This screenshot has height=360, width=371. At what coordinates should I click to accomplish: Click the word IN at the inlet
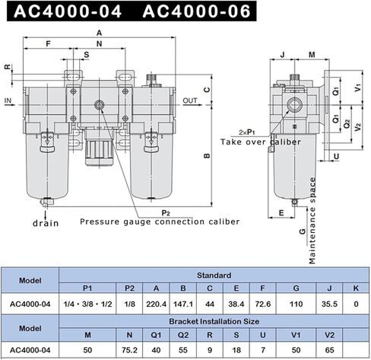click(8, 100)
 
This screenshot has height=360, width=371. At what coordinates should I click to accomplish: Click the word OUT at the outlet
click(190, 100)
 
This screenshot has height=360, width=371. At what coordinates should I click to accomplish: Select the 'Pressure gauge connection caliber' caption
click(160, 222)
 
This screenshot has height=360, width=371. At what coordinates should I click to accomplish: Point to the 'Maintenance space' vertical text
click(312, 220)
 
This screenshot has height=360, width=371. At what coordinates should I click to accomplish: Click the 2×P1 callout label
click(246, 132)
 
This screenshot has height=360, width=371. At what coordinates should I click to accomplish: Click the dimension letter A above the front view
click(100, 33)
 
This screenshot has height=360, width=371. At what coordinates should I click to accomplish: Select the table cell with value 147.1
click(184, 303)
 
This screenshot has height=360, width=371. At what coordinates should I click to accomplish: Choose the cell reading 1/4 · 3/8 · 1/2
click(87, 303)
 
